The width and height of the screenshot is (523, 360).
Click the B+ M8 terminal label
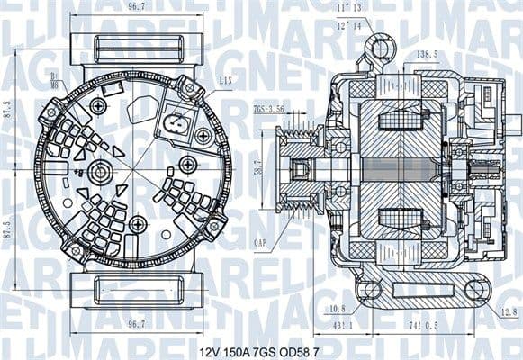point(55,81)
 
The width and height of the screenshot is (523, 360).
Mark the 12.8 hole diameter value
point(509,312)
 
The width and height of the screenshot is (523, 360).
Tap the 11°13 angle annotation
point(348,9)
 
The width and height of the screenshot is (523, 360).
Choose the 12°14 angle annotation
point(348,26)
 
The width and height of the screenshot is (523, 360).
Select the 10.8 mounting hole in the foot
point(369,290)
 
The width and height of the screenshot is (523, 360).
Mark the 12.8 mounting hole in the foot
point(476,290)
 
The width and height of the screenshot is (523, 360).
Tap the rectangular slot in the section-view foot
point(421,290)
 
